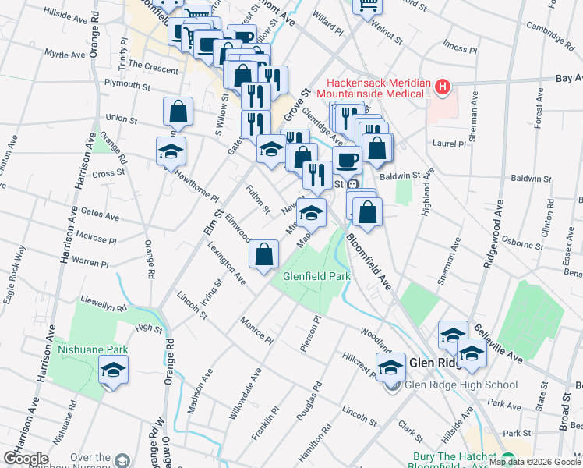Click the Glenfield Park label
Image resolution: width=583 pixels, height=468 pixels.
coord(306,275)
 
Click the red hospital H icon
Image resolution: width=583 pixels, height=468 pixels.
coord(443,86)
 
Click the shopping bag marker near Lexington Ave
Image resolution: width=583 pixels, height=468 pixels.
coord(264,253)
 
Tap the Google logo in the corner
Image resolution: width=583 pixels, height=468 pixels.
coord(25,459)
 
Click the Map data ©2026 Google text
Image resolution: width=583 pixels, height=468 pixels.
coord(535,462)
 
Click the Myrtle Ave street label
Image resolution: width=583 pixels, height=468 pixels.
coord(65,55)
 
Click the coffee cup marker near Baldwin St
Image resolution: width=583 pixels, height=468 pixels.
coord(347,160)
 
